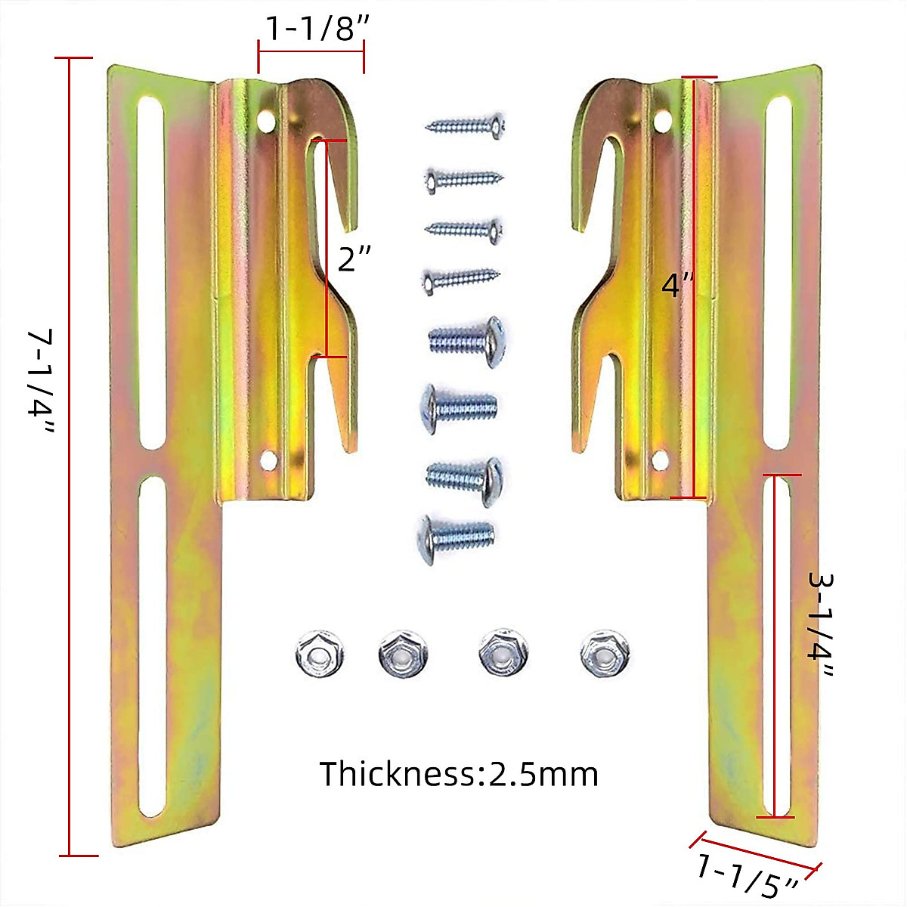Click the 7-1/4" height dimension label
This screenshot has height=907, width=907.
pos(41,381)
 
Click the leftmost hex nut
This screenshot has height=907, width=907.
pos(319,653)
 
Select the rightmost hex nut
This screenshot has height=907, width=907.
pos(605,653)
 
